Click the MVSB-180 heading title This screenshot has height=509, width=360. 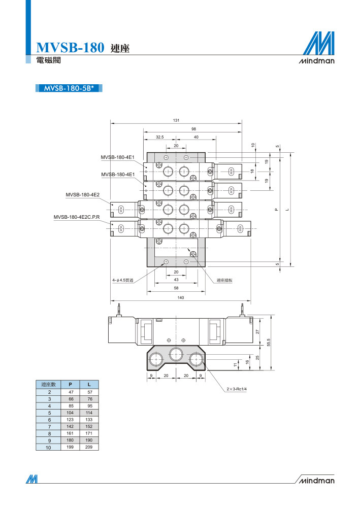(70, 47)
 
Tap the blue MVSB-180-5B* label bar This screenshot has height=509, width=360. (69, 88)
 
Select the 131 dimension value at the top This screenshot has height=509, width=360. (176, 120)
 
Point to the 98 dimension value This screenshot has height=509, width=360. (194, 129)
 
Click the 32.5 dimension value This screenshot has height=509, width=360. (159, 137)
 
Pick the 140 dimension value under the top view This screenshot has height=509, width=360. (181, 298)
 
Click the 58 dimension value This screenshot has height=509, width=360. (176, 288)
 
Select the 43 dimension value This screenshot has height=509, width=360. (176, 280)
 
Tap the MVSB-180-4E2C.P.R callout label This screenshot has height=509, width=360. (77, 217)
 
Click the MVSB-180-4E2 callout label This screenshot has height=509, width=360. (83, 195)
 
